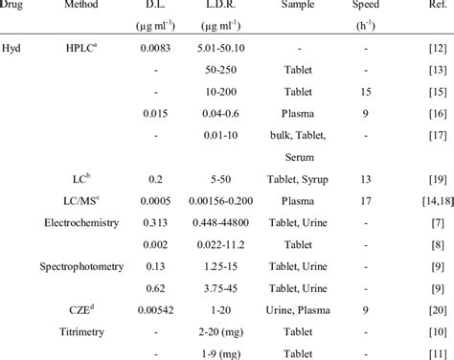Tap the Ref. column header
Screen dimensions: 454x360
420,7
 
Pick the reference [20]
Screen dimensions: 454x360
420,309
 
